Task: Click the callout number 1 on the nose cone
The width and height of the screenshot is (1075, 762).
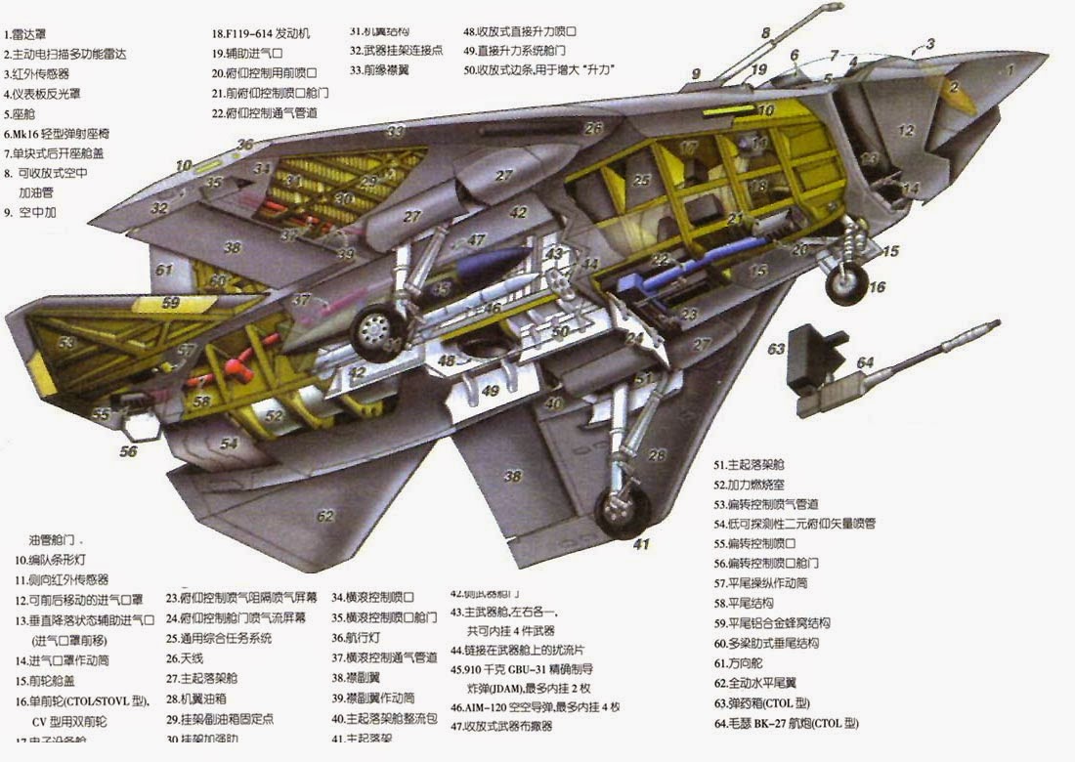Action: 1010,70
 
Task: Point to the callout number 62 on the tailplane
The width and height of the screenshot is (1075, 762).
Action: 324,515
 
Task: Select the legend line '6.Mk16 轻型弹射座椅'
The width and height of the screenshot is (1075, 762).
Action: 64,134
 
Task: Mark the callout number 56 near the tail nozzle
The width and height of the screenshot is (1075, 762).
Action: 129,451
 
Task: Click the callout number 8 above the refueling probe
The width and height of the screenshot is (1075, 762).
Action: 766,33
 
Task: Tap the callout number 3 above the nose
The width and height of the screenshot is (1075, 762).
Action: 930,44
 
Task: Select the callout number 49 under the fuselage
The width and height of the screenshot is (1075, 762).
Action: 492,391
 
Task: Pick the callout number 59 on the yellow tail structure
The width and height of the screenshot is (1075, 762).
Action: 171,303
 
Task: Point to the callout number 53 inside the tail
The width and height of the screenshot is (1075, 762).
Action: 66,343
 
